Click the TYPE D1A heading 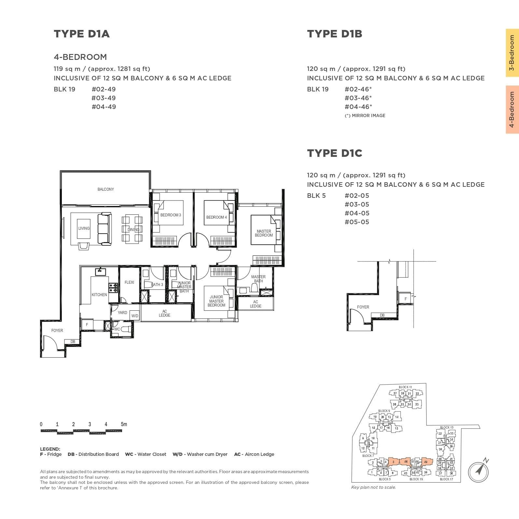(82, 34)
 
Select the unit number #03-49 (104, 98)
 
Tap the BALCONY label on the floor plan (105, 189)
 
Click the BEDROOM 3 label (170, 215)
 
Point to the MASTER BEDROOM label (264, 233)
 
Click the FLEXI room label (129, 282)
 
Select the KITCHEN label (99, 295)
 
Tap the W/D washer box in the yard (135, 316)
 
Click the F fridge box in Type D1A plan (87, 325)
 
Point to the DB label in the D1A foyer (73, 342)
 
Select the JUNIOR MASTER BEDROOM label (216, 301)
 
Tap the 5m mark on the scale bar (124, 424)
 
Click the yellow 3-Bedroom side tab (512, 53)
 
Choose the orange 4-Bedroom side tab (512, 110)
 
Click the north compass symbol (478, 470)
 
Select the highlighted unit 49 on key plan (426, 462)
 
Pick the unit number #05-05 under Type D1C (357, 222)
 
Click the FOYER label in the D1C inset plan (363, 307)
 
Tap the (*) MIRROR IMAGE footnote (365, 116)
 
